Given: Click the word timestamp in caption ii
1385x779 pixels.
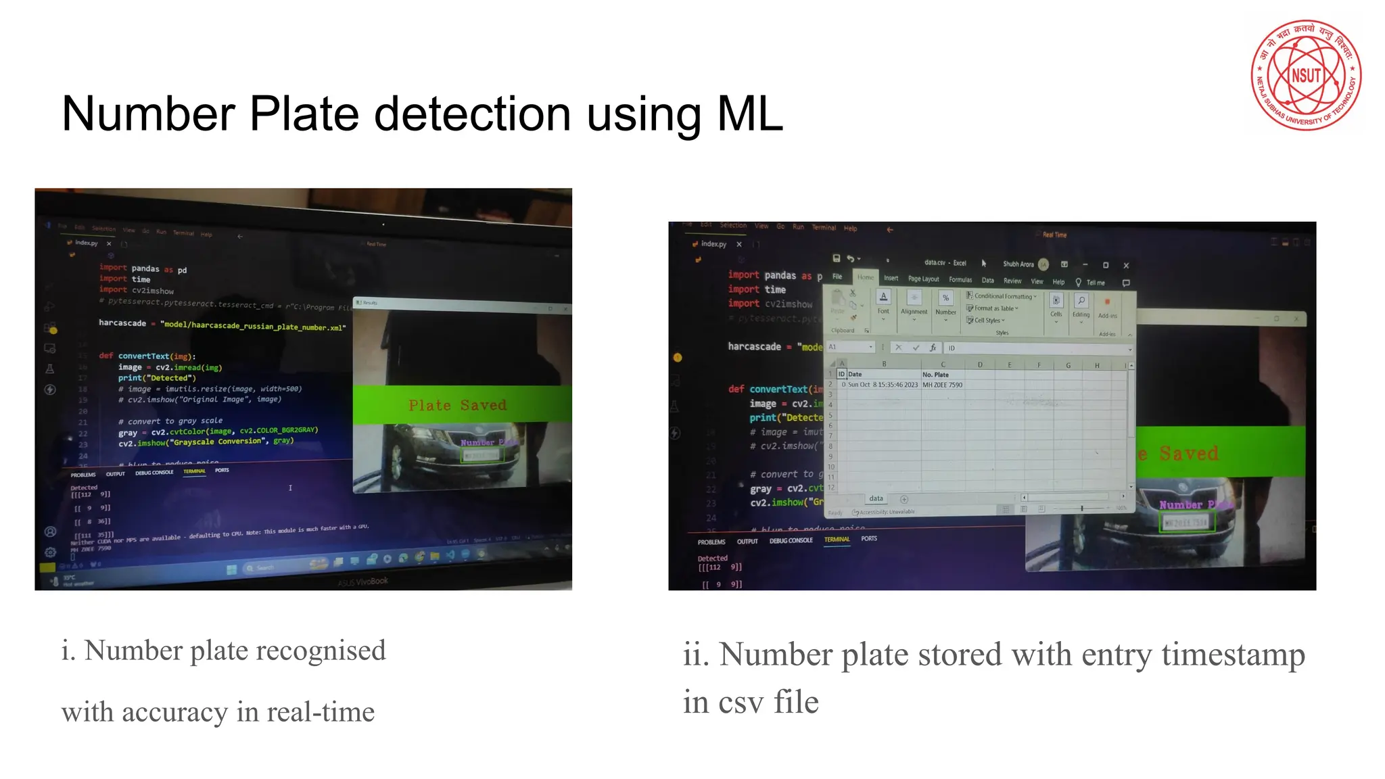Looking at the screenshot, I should (x=1233, y=655).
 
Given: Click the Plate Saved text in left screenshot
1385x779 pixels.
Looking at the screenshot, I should (x=457, y=405).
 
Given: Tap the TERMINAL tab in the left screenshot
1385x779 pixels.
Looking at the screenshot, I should (x=194, y=471).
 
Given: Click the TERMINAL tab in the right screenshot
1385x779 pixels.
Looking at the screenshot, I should (x=837, y=539).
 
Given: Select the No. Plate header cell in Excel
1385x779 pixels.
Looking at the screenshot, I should (x=935, y=375).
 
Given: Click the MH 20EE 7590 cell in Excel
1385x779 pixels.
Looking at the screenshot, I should (x=942, y=385).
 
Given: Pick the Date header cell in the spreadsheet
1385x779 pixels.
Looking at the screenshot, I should (x=855, y=374).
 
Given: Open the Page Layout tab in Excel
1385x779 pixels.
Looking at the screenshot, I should (x=923, y=279).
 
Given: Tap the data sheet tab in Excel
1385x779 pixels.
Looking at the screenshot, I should (x=876, y=498).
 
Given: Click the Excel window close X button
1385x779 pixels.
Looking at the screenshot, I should (x=1126, y=265).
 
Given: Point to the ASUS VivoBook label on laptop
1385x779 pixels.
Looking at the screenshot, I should (x=362, y=582).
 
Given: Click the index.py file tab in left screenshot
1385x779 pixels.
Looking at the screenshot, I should (x=86, y=243).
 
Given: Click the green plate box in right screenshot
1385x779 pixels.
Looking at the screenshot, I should (x=1187, y=522).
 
